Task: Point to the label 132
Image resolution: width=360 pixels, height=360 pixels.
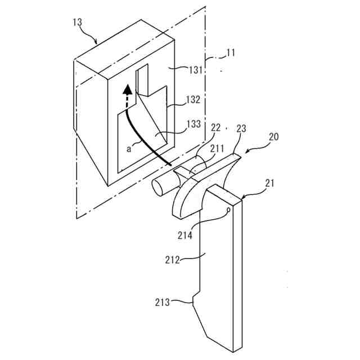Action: click(193, 100)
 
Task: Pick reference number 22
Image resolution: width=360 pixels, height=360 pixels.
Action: click(215, 129)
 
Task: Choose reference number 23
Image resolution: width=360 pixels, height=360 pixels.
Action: click(241, 129)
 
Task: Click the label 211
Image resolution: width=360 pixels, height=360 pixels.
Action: click(217, 150)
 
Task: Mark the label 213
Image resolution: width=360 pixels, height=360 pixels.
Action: click(163, 303)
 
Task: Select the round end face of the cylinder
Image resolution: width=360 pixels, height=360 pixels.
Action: click(159, 187)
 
